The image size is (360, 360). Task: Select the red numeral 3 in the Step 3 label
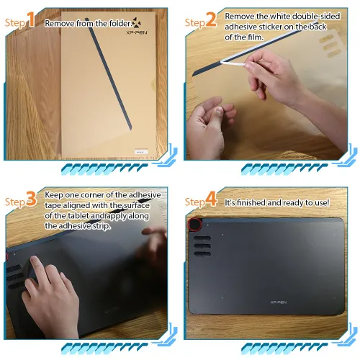[32, 199]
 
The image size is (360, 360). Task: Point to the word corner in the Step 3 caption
[101, 195]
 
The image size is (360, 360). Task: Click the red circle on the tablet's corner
[194, 224]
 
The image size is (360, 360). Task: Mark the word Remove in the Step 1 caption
[60, 23]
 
